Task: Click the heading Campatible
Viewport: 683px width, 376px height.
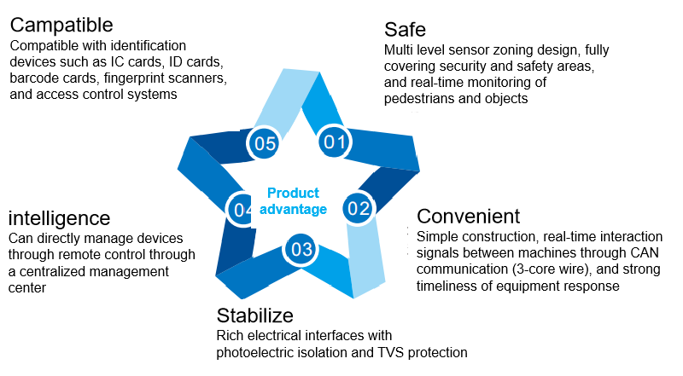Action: [61, 25]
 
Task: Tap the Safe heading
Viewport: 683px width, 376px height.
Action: [405, 30]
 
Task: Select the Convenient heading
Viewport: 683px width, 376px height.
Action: [468, 217]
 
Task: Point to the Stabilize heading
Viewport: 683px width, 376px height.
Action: [254, 315]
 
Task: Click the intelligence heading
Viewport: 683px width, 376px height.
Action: [59, 218]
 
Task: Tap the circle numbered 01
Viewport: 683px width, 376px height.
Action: [335, 142]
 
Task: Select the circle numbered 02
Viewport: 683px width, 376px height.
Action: [359, 208]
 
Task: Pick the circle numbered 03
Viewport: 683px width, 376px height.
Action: [301, 249]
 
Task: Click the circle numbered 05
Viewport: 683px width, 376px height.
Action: [265, 143]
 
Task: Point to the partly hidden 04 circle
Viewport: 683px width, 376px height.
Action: [241, 210]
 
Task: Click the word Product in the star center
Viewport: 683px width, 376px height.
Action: [293, 193]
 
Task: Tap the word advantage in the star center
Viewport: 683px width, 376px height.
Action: [293, 210]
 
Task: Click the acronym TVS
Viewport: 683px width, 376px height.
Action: [391, 352]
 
